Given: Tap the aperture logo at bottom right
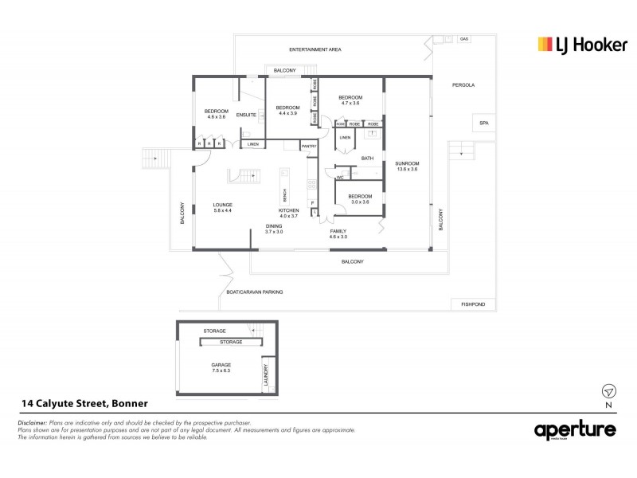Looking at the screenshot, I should pyautogui.click(x=574, y=430).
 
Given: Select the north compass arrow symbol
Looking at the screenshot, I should pyautogui.click(x=609, y=391).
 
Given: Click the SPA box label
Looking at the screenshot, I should pyautogui.click(x=482, y=123).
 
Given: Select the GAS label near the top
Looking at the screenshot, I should pyautogui.click(x=464, y=38).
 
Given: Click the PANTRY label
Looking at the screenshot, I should pyautogui.click(x=308, y=147).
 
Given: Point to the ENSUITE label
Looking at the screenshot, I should pyautogui.click(x=246, y=115).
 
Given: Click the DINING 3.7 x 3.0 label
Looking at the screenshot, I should pyautogui.click(x=274, y=229).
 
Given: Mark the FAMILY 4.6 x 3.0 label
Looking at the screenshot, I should pyautogui.click(x=338, y=233).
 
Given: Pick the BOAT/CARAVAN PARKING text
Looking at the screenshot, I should pyautogui.click(x=254, y=292).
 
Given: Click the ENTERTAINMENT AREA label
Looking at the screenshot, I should pyautogui.click(x=315, y=49).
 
